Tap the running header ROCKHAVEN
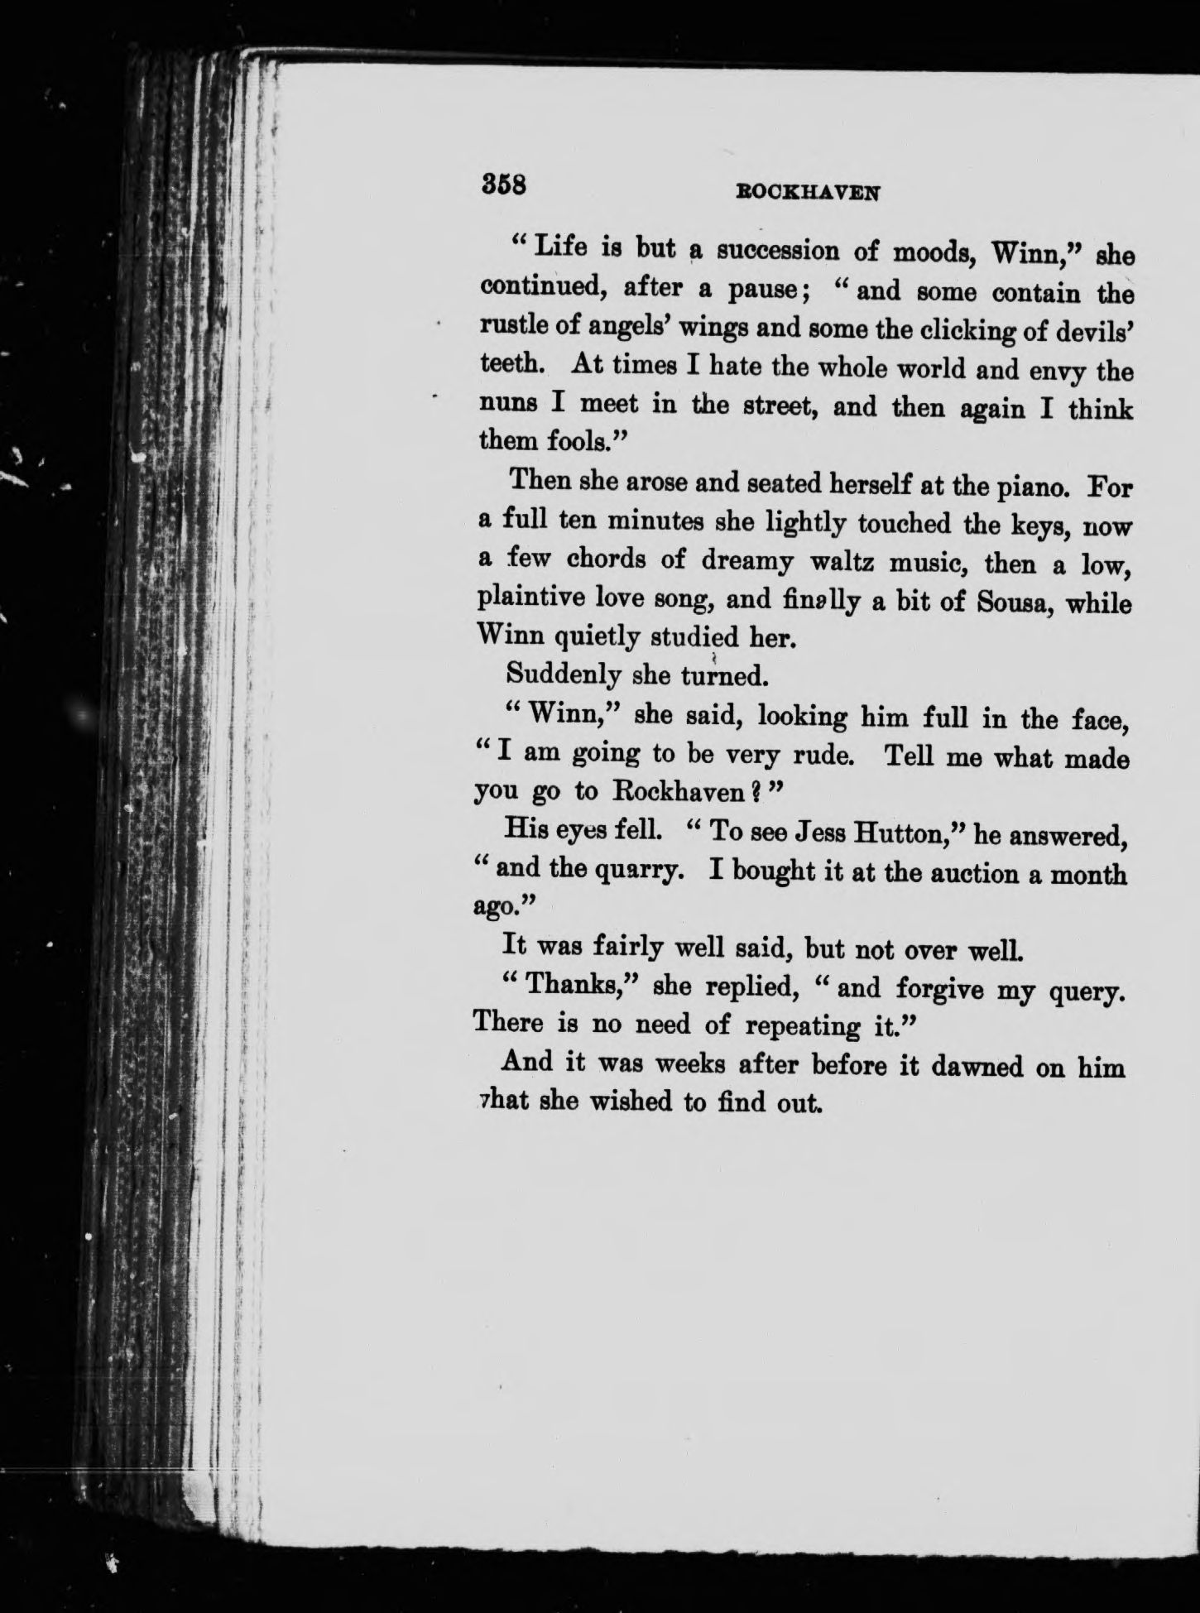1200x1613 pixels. click(x=807, y=192)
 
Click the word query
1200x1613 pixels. click(x=1089, y=990)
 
